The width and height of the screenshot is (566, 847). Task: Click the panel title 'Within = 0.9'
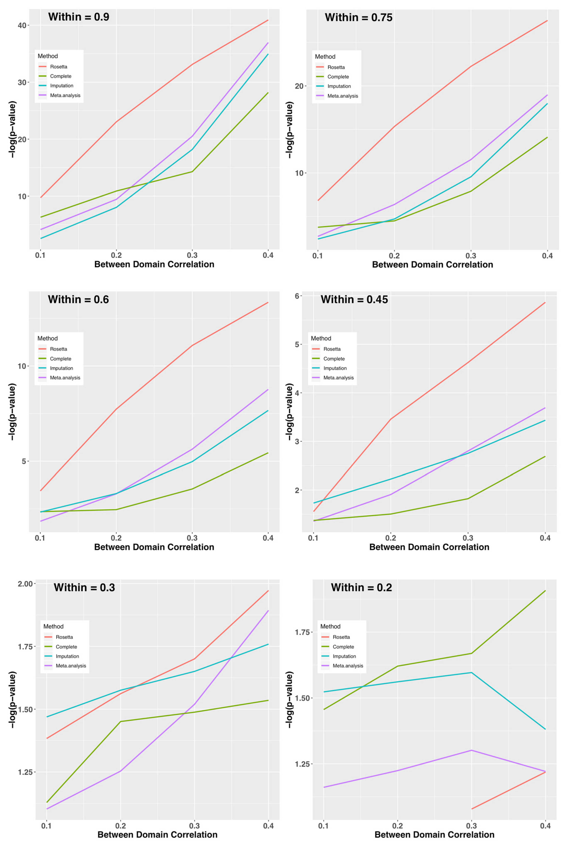point(79,17)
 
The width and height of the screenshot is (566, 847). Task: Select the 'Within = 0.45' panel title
point(354,300)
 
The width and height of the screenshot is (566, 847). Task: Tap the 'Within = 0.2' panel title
point(361,588)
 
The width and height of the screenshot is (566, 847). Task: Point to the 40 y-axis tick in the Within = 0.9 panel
point(22,25)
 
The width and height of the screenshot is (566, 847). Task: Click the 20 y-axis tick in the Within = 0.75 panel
point(299,86)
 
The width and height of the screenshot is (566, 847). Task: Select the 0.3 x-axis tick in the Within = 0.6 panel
point(192,538)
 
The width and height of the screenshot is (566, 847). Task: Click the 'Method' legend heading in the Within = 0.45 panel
point(321,338)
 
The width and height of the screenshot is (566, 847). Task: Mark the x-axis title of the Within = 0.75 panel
point(432,264)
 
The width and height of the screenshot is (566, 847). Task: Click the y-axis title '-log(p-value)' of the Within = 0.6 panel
point(12,412)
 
